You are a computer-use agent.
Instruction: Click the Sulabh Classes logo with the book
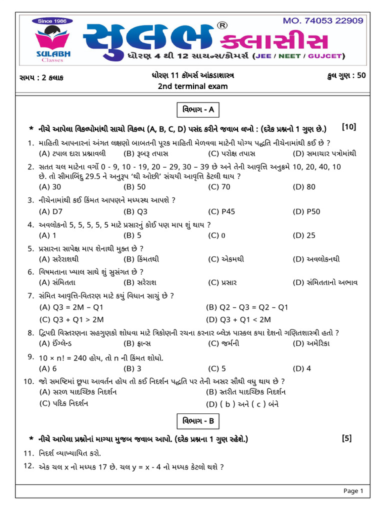pos(52,43)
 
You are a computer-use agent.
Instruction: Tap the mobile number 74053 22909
pos(322,21)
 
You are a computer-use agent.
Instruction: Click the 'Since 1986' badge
pos(52,21)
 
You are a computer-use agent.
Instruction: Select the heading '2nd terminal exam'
pos(192,86)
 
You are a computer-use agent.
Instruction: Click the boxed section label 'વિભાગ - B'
pos(198,421)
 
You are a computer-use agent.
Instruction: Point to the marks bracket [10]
pos(349,127)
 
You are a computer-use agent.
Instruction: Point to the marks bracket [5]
pos(346,438)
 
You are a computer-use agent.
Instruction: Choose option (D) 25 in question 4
pos(304,235)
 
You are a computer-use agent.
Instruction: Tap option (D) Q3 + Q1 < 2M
pos(238,319)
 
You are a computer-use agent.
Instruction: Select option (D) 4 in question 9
pos(302,368)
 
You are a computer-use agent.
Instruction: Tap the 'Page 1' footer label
pos(353,491)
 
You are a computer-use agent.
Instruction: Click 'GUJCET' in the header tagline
pos(324,55)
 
